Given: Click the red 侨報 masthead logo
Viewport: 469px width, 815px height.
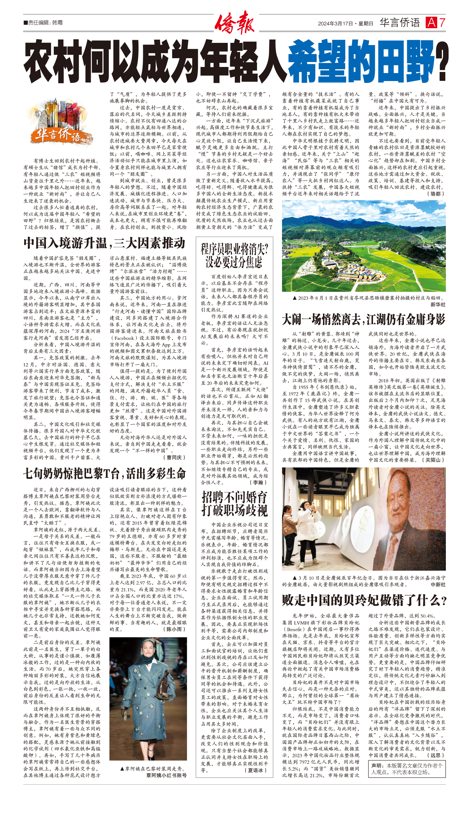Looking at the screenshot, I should [x=234, y=23].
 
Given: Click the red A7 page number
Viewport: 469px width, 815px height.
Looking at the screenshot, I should [x=435, y=23].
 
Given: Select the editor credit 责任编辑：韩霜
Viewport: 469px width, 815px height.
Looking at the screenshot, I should [x=43, y=23].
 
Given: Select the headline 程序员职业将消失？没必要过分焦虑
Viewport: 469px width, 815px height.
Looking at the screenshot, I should [x=234, y=256].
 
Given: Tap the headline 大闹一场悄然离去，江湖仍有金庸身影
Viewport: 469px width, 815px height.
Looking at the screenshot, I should [x=363, y=319].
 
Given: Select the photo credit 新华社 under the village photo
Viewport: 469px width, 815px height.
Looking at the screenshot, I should [x=438, y=304].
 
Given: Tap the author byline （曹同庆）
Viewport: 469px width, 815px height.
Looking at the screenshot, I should [x=174, y=458].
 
